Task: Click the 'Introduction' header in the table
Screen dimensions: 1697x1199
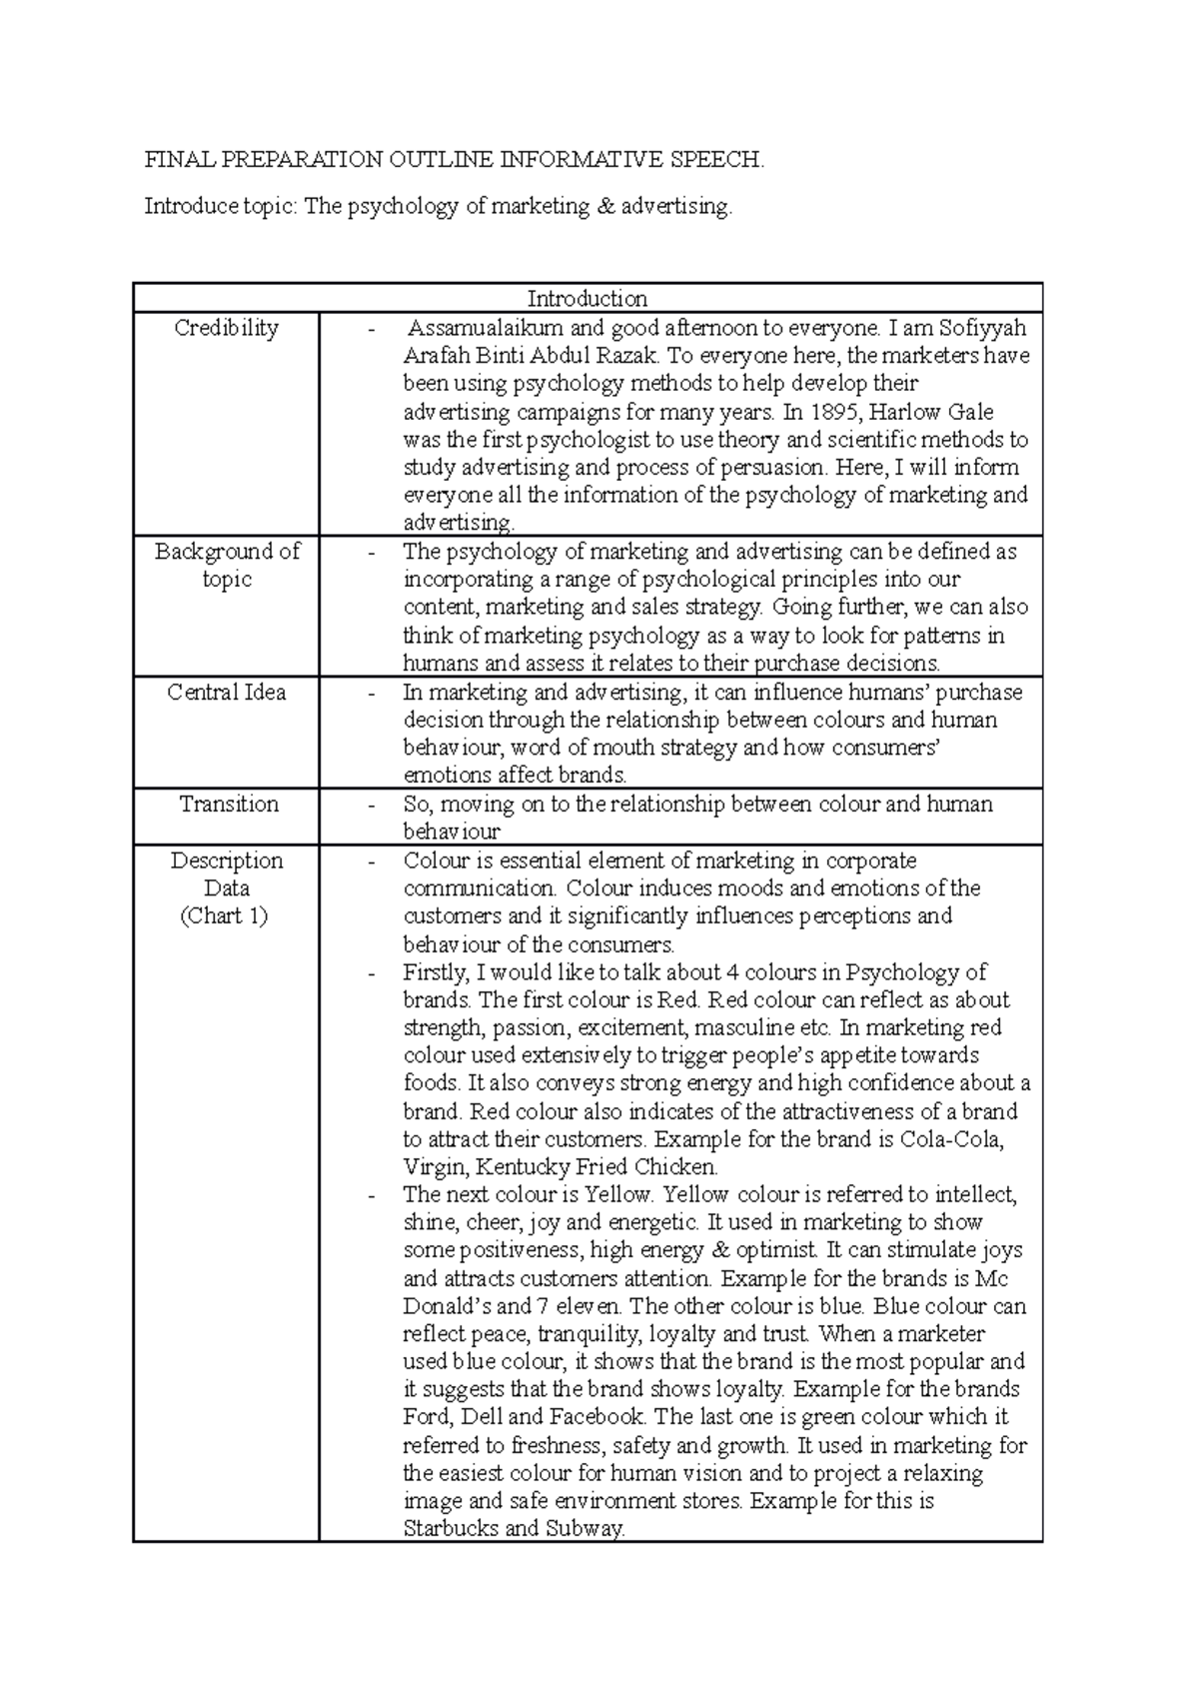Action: click(587, 298)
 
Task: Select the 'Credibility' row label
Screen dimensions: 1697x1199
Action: click(226, 328)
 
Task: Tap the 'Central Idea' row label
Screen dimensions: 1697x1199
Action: click(226, 692)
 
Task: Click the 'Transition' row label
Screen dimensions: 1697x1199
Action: click(228, 804)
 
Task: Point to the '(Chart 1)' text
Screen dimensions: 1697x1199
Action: click(224, 915)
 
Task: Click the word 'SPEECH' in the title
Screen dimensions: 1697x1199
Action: click(719, 159)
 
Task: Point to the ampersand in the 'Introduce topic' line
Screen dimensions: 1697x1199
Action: click(604, 207)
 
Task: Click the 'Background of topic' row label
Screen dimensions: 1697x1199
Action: click(227, 565)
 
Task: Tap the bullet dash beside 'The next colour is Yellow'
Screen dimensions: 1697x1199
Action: click(373, 1195)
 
